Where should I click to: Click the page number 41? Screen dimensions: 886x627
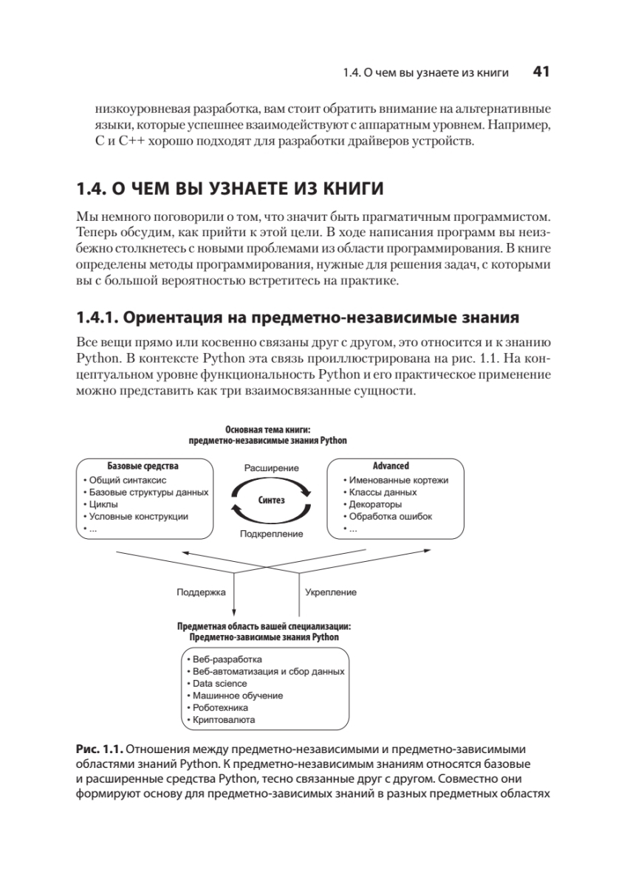[541, 72]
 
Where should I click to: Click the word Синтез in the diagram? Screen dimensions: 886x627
[271, 500]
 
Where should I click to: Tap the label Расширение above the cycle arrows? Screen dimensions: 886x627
[271, 468]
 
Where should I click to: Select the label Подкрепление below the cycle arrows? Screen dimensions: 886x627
[271, 534]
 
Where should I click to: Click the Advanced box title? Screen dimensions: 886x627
[391, 467]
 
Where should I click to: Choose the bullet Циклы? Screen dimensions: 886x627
[103, 504]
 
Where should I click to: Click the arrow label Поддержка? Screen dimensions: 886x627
[201, 592]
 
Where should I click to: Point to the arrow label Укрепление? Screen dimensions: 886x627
[331, 592]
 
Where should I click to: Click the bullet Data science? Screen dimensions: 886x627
[219, 683]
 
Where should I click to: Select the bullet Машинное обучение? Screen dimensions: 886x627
[236, 696]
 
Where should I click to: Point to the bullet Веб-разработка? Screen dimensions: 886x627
[227, 659]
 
